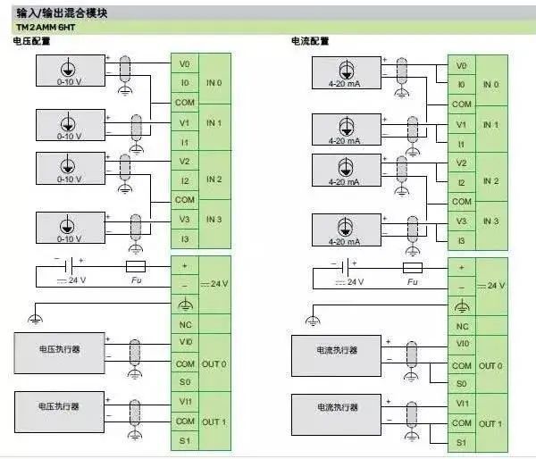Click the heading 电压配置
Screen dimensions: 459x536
pyautogui.click(x=32, y=42)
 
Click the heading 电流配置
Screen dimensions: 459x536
pyautogui.click(x=310, y=42)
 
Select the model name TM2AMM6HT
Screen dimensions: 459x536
pyautogui.click(x=42, y=28)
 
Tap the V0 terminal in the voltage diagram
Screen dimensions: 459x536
pyautogui.click(x=184, y=64)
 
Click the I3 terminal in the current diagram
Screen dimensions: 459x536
pyautogui.click(x=461, y=240)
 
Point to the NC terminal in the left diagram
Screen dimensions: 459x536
pyautogui.click(x=185, y=325)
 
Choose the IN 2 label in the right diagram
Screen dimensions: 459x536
pyautogui.click(x=490, y=181)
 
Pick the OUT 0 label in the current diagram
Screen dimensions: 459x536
pyautogui.click(x=490, y=365)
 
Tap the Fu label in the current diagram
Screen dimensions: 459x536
pyautogui.click(x=412, y=282)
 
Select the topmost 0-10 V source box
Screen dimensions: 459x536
pyautogui.click(x=70, y=69)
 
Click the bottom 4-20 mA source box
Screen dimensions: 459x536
pyautogui.click(x=345, y=229)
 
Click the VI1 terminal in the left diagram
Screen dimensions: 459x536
pyautogui.click(x=185, y=402)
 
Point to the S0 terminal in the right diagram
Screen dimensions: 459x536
pyautogui.click(x=461, y=383)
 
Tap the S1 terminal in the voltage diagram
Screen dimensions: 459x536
pyautogui.click(x=185, y=440)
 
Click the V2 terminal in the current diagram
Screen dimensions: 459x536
pyautogui.click(x=461, y=163)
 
